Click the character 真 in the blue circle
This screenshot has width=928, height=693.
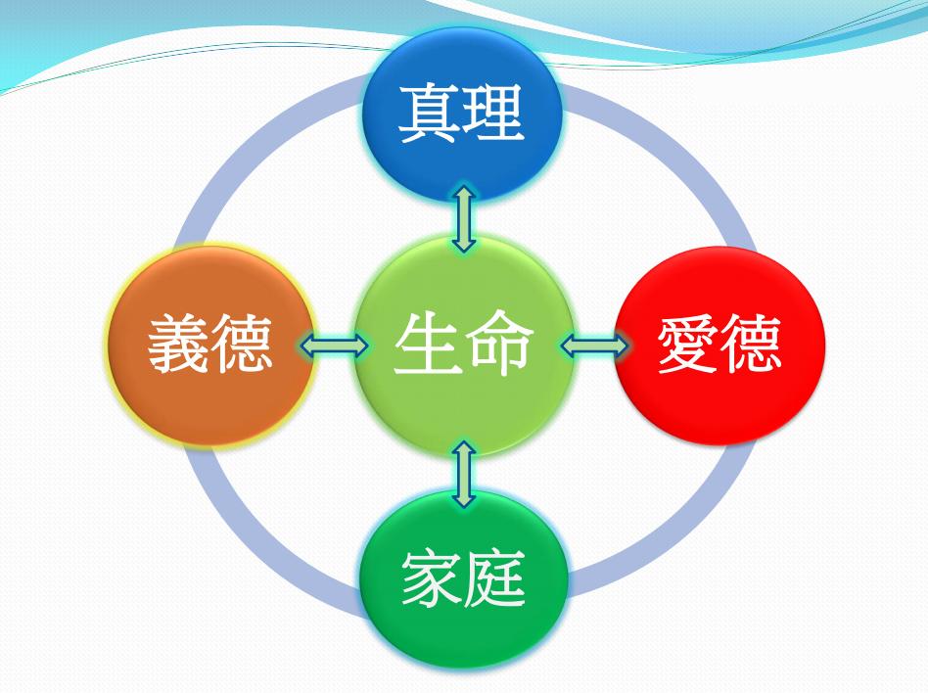430,113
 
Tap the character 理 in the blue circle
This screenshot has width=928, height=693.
494,113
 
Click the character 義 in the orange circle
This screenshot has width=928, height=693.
179,345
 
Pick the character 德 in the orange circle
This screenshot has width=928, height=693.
243,345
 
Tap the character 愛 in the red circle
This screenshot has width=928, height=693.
688,345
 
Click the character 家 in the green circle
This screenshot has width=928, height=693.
432,578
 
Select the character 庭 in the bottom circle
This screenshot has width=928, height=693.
495,578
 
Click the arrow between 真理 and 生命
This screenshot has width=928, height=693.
464,219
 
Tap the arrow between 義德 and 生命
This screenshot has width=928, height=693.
334,345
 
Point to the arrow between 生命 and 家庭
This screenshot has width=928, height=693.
464,474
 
